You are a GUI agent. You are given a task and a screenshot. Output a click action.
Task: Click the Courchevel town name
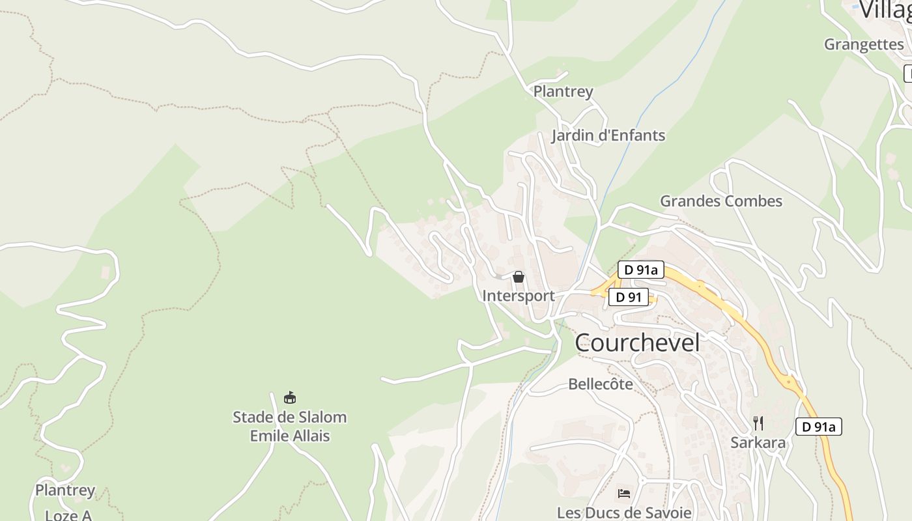pos(637,343)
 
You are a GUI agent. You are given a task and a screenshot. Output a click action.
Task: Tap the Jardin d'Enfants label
pos(608,135)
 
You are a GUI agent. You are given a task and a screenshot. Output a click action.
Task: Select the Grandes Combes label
pos(721,201)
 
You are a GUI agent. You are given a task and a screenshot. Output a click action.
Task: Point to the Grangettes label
pos(864,44)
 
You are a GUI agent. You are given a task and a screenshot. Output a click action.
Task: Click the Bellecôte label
pos(601,384)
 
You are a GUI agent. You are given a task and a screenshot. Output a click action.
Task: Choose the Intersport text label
pos(519,296)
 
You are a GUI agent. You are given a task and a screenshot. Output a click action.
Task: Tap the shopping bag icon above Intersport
pos(519,277)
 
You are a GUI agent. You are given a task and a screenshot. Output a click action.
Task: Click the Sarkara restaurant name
pos(758,443)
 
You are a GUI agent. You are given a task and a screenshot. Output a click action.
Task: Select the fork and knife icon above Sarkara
pos(758,423)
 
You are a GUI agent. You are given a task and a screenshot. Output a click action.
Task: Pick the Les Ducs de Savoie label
pos(624,513)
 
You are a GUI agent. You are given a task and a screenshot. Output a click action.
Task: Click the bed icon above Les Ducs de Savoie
pos(624,493)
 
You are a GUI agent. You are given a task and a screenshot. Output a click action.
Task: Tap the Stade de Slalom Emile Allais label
pos(290,426)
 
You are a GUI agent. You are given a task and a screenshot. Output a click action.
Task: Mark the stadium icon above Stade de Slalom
pos(290,397)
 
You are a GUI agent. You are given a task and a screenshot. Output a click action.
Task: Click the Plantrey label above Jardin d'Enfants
pos(563,91)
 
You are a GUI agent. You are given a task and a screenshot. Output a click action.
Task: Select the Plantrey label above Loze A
pos(65,490)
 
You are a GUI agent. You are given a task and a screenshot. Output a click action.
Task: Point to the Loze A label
pos(68,515)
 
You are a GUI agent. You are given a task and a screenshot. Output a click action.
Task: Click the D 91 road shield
pos(629,298)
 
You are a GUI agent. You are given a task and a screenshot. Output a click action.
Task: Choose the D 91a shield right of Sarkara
pos(819,427)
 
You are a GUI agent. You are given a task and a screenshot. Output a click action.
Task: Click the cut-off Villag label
pos(885,10)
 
